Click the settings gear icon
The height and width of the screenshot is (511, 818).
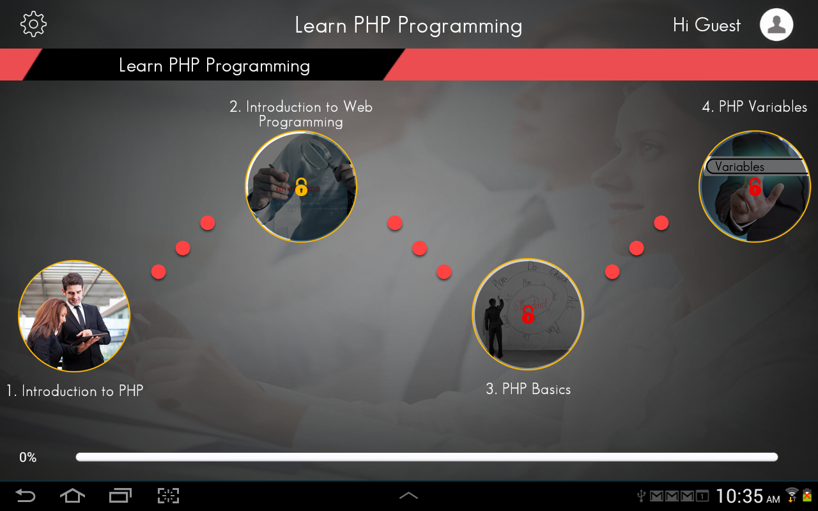pyautogui.click(x=33, y=24)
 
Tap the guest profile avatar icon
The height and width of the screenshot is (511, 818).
pyautogui.click(x=776, y=25)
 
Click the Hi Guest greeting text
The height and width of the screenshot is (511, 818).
pyautogui.click(x=706, y=25)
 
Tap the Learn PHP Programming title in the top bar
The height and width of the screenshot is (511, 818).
pyautogui.click(x=408, y=26)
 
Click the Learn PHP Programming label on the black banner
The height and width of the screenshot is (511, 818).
pyautogui.click(x=214, y=65)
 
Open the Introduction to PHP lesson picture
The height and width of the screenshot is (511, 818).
pyautogui.click(x=74, y=316)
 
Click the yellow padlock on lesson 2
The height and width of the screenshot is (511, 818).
pyautogui.click(x=301, y=187)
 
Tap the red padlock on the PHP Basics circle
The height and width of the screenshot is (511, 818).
pyautogui.click(x=528, y=314)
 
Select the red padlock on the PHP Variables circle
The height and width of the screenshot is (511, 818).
pyautogui.click(x=755, y=187)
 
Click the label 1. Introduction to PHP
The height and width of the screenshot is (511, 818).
pyautogui.click(x=75, y=391)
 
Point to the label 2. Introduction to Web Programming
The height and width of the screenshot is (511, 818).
pyautogui.click(x=301, y=114)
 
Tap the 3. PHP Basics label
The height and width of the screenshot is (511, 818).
pyautogui.click(x=528, y=389)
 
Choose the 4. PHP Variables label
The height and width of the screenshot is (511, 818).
pyautogui.click(x=754, y=107)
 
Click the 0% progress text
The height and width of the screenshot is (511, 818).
pyautogui.click(x=27, y=457)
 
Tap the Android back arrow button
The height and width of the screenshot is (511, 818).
pyautogui.click(x=26, y=496)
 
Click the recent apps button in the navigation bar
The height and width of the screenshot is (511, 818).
pyautogui.click(x=120, y=496)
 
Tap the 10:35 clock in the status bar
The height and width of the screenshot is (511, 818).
pyautogui.click(x=739, y=496)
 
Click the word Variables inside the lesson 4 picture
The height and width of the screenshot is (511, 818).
pyautogui.click(x=739, y=167)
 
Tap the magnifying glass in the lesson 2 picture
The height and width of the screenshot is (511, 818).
pyautogui.click(x=316, y=153)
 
